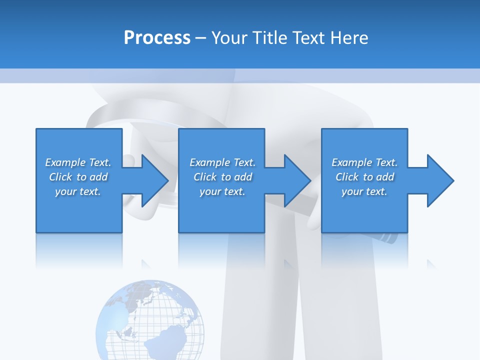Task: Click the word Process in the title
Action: pos(157,38)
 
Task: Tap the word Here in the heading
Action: pos(349,38)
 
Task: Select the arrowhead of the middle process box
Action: pos(296,180)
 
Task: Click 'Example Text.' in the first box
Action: pos(78,162)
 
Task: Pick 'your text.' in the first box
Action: pos(78,191)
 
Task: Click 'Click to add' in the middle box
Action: pos(222,177)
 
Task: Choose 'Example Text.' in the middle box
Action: pos(222,162)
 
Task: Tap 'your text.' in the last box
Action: pos(364,191)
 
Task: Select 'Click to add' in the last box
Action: pos(364,177)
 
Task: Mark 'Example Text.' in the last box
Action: pos(364,162)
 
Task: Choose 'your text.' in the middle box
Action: pos(222,191)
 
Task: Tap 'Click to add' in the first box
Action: pos(78,177)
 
